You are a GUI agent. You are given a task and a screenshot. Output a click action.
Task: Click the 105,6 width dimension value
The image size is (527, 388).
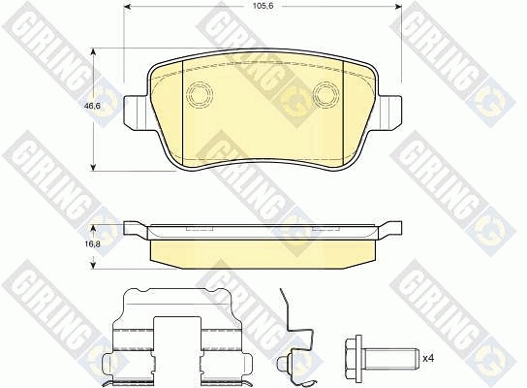coord(263,6)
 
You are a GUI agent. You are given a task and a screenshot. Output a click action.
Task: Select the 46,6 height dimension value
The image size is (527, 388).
coord(92,106)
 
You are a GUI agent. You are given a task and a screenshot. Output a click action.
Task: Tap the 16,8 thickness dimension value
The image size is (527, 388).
coord(92,244)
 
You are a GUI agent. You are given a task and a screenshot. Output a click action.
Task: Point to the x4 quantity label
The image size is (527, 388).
coord(428,358)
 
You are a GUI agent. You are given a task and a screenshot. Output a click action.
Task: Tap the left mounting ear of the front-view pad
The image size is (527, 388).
coord(137,113)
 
